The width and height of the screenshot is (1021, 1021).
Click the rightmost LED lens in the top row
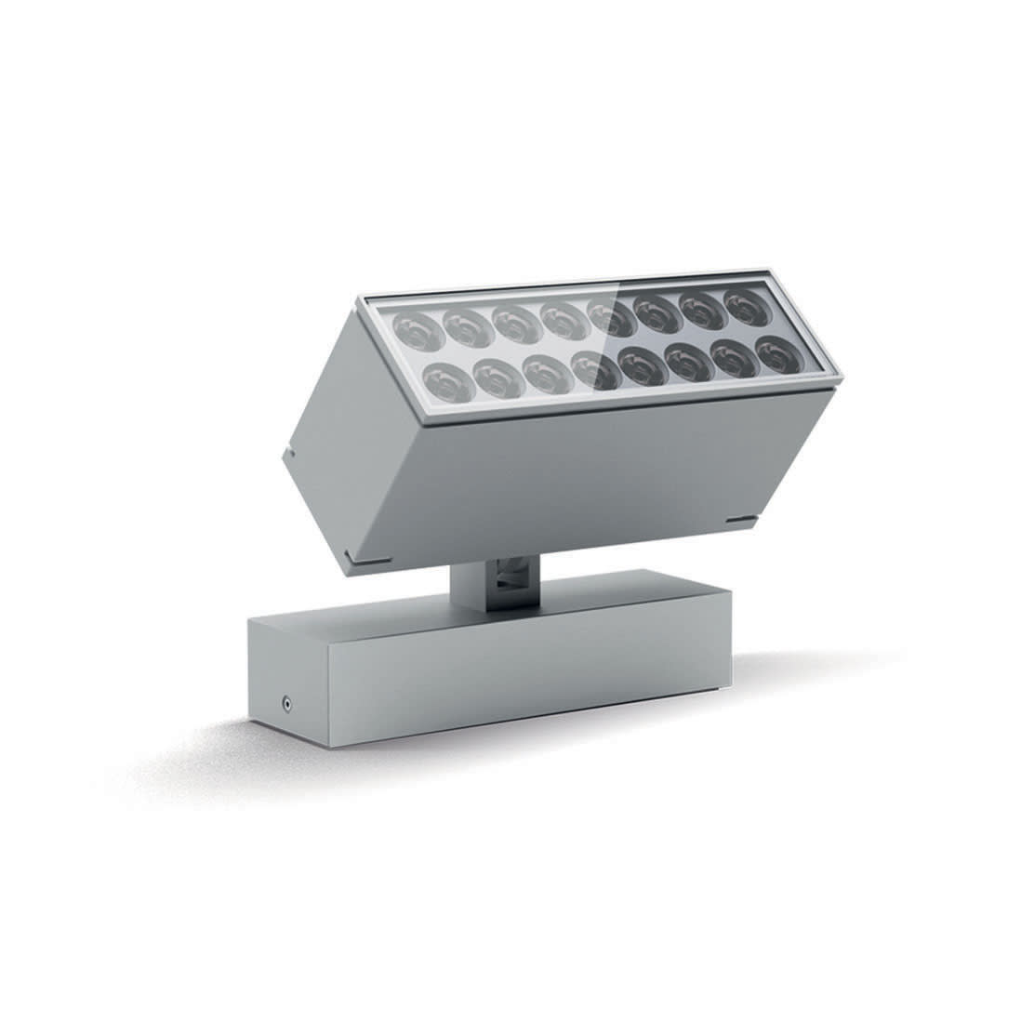click(745, 308)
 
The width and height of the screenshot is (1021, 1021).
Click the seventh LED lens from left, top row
click(702, 311)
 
